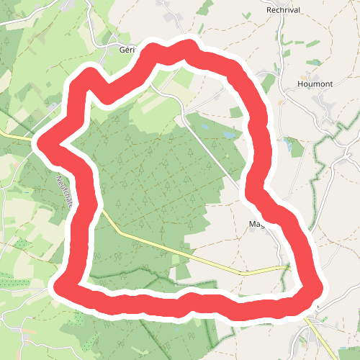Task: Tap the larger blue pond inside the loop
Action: coord(228,135)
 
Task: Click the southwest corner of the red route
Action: coord(61,287)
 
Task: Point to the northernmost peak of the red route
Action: coord(189,47)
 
